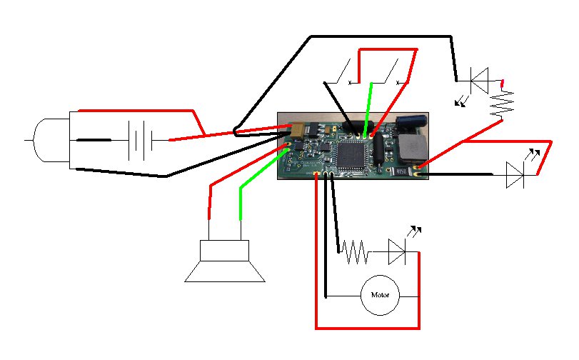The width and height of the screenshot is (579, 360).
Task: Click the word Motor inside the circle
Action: pos(381,294)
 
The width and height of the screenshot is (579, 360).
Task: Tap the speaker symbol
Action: pos(225,261)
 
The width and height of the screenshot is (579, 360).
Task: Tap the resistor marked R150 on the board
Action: pos(402,170)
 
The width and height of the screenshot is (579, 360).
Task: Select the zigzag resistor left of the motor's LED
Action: pos(354,251)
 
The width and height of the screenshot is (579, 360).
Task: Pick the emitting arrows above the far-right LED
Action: pos(532,154)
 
